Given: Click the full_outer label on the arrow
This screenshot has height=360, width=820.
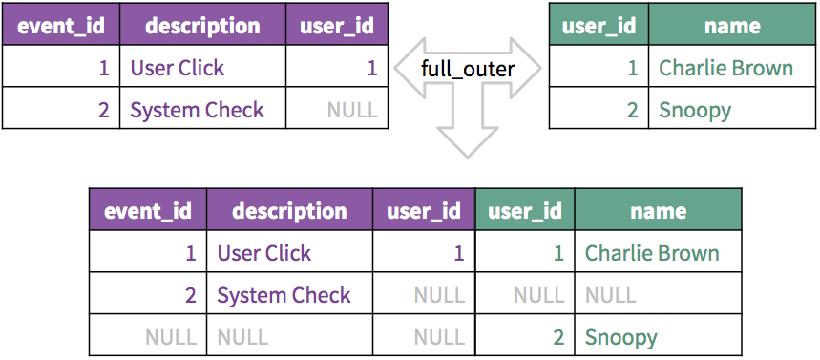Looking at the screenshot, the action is pyautogui.click(x=468, y=69).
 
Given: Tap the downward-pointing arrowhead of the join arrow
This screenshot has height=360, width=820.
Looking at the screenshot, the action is pyautogui.click(x=467, y=141).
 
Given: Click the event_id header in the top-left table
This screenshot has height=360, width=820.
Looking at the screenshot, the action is pyautogui.click(x=61, y=26).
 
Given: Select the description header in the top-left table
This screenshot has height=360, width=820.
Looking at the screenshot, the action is pyautogui.click(x=202, y=26).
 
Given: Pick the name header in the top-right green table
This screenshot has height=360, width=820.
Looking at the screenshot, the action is pyautogui.click(x=732, y=26).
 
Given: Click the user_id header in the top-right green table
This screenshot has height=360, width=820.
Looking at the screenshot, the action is pyautogui.click(x=599, y=26).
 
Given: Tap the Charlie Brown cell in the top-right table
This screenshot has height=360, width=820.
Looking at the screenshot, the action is pyautogui.click(x=725, y=68).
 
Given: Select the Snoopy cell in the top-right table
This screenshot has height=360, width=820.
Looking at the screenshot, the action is pyautogui.click(x=695, y=111).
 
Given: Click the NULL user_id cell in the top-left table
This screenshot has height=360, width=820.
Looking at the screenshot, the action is pyautogui.click(x=352, y=110).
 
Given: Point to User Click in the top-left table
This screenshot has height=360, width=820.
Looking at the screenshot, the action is pyautogui.click(x=178, y=68).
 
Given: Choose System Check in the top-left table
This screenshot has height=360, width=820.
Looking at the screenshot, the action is pyautogui.click(x=198, y=111).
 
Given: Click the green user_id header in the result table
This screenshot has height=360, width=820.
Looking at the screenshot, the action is pyautogui.click(x=524, y=211).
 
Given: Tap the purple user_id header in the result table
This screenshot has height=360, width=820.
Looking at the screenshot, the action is pyautogui.click(x=424, y=211).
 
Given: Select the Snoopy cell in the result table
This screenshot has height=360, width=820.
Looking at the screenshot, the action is pyautogui.click(x=620, y=337).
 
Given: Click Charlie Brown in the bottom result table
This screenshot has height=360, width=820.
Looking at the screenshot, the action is pyautogui.click(x=652, y=253).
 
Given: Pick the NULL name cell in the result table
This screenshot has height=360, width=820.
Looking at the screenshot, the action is pyautogui.click(x=610, y=296).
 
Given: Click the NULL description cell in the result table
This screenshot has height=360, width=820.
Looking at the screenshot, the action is pyautogui.click(x=242, y=337).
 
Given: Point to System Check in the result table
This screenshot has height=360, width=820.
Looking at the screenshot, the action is pyautogui.click(x=284, y=296).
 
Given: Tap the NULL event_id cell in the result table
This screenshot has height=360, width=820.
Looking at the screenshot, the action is pyautogui.click(x=171, y=337).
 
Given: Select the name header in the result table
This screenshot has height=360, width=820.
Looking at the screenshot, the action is pyautogui.click(x=659, y=211).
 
